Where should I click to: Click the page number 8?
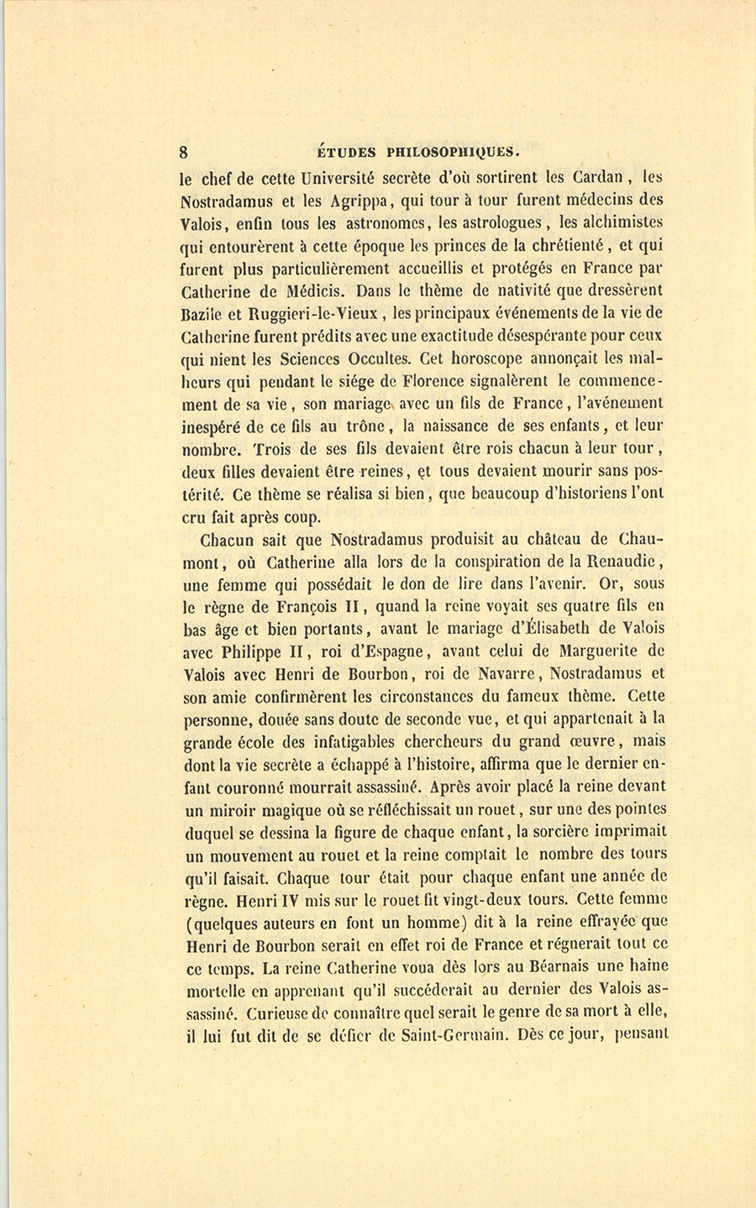[183, 153]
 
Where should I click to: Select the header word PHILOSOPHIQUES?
[454, 153]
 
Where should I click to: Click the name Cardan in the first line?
[600, 177]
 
